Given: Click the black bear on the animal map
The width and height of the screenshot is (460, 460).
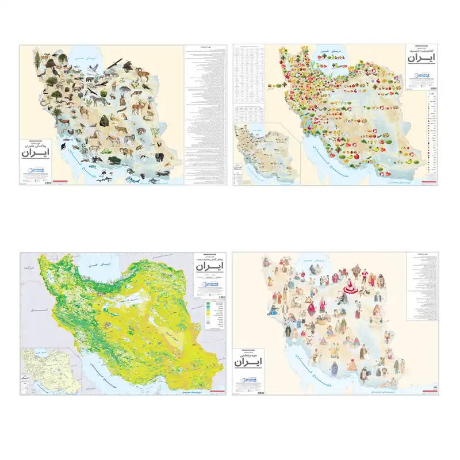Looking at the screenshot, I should (x=159, y=156).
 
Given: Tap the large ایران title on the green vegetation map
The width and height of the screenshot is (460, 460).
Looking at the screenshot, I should (x=209, y=268).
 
